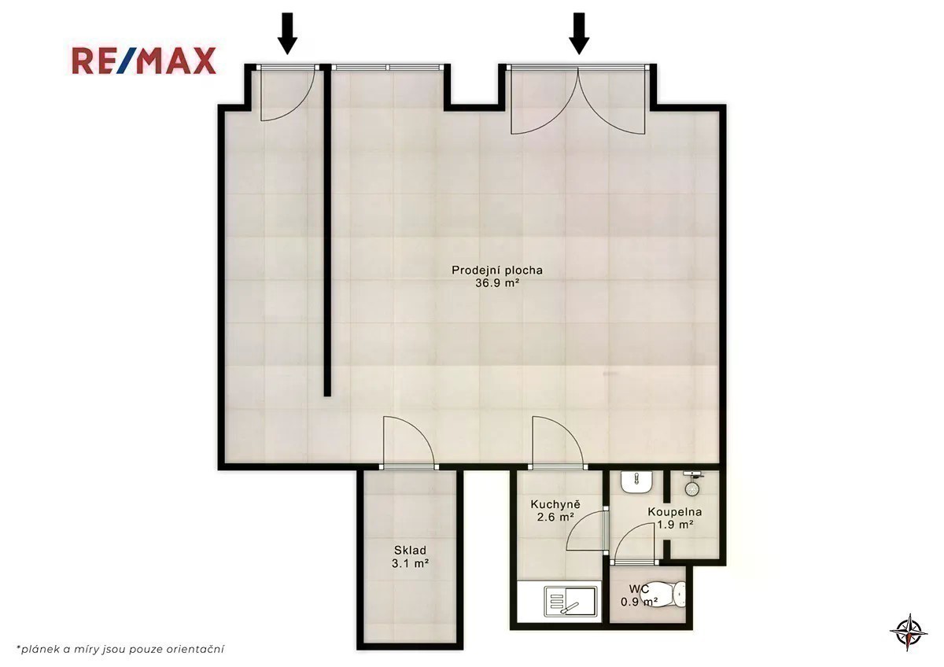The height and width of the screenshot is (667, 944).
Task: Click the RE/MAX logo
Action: pyautogui.click(x=144, y=61)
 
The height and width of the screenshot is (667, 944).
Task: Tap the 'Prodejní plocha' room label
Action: pyautogui.click(x=497, y=271)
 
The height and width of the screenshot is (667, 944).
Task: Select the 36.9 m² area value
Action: pyautogui.click(x=497, y=283)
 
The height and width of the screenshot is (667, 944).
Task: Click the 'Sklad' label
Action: pyautogui.click(x=410, y=551)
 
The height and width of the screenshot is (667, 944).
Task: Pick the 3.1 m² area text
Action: pyautogui.click(x=410, y=563)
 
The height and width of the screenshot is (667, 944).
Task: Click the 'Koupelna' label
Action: pyautogui.click(x=675, y=512)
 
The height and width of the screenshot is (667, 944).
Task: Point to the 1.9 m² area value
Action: pyautogui.click(x=676, y=525)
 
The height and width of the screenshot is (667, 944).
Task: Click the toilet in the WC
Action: pyautogui.click(x=666, y=594)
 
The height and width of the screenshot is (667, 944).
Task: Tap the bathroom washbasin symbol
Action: pyautogui.click(x=636, y=481)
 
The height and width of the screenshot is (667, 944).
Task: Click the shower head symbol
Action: pyautogui.click(x=692, y=483)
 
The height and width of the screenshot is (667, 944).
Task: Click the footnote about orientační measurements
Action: pyautogui.click(x=120, y=649)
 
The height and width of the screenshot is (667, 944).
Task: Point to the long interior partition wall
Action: pyautogui.click(x=327, y=233)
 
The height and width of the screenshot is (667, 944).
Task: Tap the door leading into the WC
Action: pyautogui.click(x=635, y=544)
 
